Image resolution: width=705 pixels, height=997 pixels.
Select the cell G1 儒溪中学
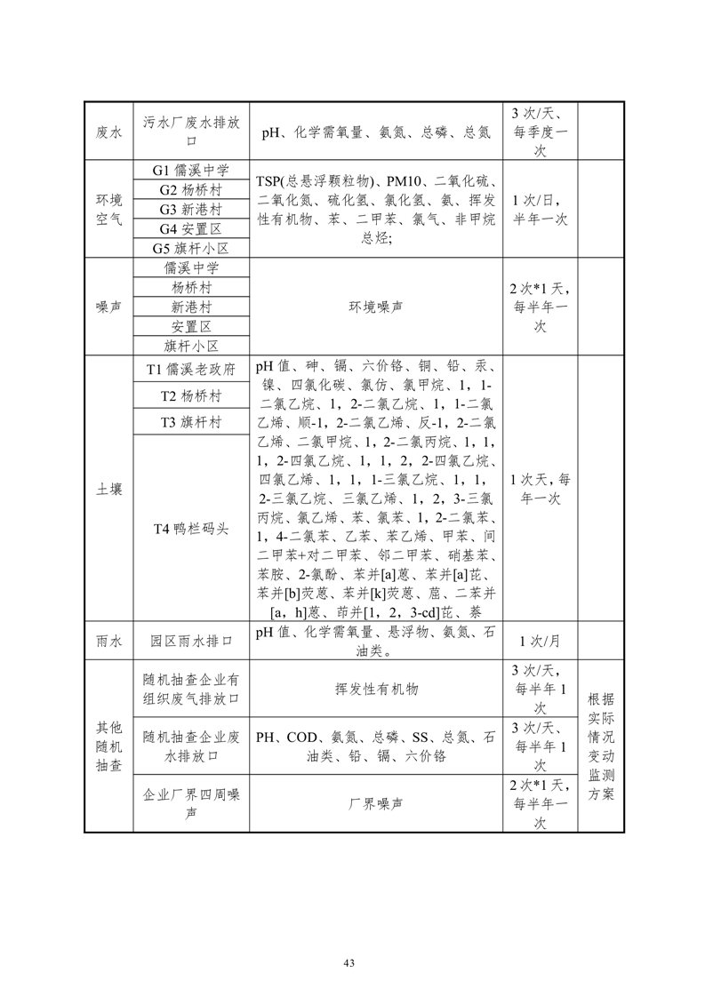191,170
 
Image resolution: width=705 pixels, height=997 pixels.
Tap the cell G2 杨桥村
191,189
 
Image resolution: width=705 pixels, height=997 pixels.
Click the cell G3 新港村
191,209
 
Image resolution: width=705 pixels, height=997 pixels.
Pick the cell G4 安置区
191,228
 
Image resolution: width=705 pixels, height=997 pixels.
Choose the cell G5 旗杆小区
191,248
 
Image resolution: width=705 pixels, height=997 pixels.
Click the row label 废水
108,132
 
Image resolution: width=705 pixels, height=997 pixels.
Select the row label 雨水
108,640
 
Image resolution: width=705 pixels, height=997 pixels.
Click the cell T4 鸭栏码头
191,528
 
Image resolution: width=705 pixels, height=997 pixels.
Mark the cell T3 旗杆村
191,422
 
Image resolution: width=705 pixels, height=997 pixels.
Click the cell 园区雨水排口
191,640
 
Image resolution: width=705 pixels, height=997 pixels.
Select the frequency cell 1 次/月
540,640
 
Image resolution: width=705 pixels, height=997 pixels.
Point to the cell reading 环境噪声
375,307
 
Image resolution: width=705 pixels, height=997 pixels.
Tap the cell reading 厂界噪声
375,802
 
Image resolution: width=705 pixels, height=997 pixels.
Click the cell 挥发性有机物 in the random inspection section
375,689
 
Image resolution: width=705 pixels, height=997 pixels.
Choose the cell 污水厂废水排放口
191,132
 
